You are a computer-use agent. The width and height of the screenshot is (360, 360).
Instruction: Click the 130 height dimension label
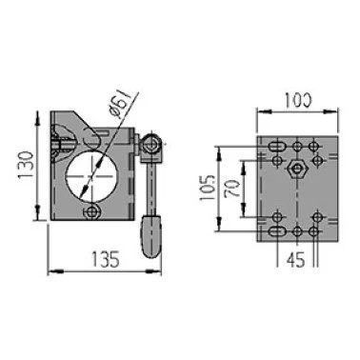pyautogui.click(x=27, y=165)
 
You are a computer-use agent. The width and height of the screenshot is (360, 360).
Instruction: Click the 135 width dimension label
pyautogui.click(x=106, y=259)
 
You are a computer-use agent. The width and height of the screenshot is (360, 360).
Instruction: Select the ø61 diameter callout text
pyautogui.click(x=119, y=104)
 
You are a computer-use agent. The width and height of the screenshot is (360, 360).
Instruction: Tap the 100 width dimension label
pyautogui.click(x=298, y=100)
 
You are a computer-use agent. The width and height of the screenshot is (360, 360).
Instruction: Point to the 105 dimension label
pyautogui.click(x=208, y=188)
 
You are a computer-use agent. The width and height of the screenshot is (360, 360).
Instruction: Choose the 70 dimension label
pyautogui.click(x=231, y=189)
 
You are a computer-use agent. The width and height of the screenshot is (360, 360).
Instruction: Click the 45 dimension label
pyautogui.click(x=295, y=260)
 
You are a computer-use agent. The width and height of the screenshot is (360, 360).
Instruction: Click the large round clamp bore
pyautogui.click(x=91, y=177)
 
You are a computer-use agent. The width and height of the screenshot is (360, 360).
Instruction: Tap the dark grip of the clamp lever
pyautogui.click(x=150, y=236)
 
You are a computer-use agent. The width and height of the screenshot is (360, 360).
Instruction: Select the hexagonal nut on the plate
pyautogui.click(x=296, y=169)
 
